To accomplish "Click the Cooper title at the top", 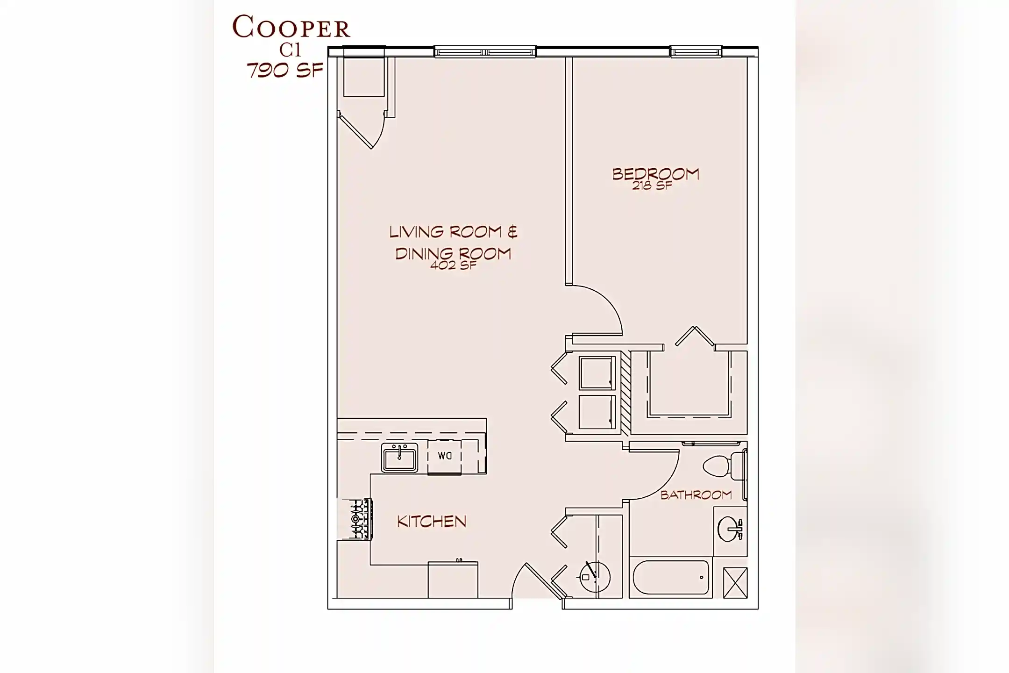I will click(291, 28).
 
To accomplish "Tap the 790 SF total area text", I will click(285, 71).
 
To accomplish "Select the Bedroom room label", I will click(655, 174).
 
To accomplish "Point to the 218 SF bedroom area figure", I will click(652, 186).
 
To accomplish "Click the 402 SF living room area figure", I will click(453, 266).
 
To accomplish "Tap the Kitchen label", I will click(432, 522).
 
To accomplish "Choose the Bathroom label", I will click(696, 495).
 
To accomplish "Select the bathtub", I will click(671, 578).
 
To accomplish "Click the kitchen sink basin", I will click(399, 458).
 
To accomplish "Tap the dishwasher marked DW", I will click(444, 457).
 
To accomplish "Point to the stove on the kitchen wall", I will click(356, 519).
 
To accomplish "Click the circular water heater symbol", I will click(595, 577).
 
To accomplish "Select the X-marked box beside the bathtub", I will click(735, 583).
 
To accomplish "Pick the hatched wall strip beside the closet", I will click(625, 393).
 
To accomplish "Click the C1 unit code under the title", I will click(290, 50).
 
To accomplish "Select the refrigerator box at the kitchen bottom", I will click(453, 580).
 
